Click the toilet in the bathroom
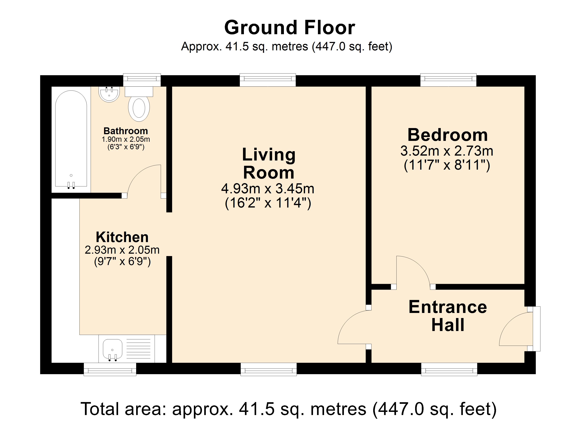coord(139,107)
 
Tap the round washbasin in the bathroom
coord(109,95)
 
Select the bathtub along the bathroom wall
coord(71,139)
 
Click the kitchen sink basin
coord(113,349)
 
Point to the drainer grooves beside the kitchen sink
coord(138,349)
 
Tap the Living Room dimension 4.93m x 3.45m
coord(268,189)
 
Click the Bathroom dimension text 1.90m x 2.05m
coord(126,139)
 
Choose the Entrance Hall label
coord(448,316)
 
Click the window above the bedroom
coord(448,80)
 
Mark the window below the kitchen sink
coord(110,369)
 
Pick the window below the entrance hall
coord(449,369)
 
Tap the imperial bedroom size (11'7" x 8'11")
coord(447,165)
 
